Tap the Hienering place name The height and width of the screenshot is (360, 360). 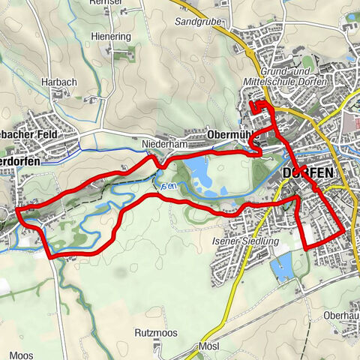coord(111,36)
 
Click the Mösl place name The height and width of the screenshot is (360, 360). coord(208,347)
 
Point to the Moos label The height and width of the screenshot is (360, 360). coord(20,354)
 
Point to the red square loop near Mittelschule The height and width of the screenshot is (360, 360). coord(259,106)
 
